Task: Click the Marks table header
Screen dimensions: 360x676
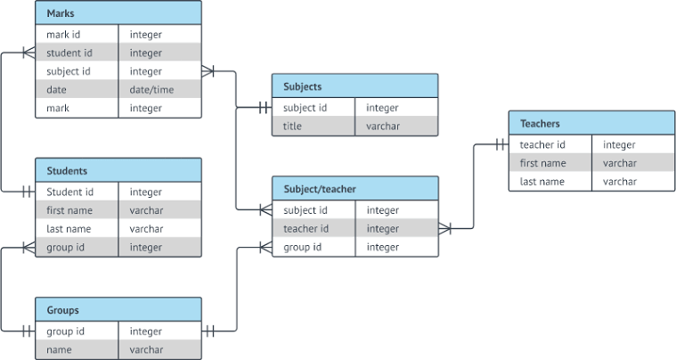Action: pos(118,12)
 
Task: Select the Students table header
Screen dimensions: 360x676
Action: pos(118,170)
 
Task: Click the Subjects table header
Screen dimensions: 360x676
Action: pos(354,86)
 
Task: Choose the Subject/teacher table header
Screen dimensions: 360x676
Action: pos(354,189)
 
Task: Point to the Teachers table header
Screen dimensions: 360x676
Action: pos(591,123)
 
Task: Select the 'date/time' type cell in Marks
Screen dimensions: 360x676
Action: pos(151,90)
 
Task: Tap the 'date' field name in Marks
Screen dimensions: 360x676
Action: pos(56,90)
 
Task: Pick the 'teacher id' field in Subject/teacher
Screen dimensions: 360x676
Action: pos(306,229)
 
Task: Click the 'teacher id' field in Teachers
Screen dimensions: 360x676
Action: pos(542,144)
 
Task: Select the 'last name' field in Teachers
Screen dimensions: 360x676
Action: pos(542,182)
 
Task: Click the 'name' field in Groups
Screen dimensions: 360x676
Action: pos(60,350)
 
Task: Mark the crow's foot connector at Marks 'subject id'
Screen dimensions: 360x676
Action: pos(208,71)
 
